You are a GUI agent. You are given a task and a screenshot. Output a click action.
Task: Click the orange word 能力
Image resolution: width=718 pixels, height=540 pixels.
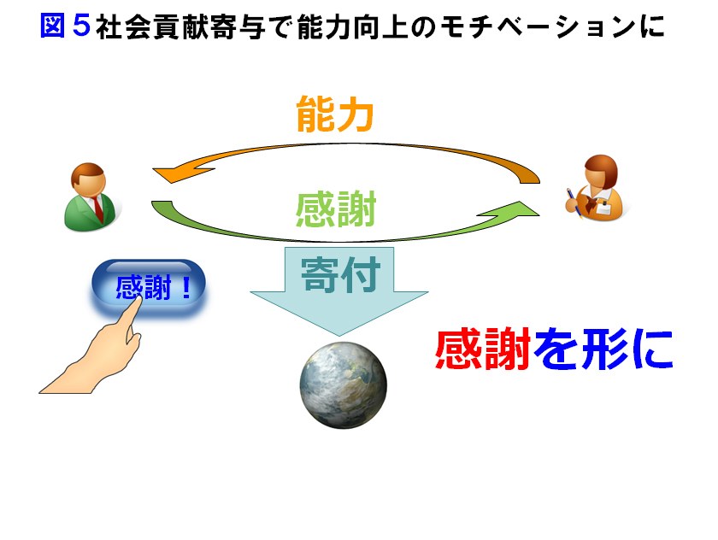[335, 114]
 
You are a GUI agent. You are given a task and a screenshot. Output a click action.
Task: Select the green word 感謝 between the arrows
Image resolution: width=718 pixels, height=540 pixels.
[336, 209]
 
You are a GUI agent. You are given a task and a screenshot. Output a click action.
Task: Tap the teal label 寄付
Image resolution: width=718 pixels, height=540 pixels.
[340, 274]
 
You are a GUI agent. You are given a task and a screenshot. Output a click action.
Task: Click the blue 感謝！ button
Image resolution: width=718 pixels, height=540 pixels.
[149, 287]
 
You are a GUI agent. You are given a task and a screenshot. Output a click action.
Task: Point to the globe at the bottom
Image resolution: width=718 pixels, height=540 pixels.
[343, 385]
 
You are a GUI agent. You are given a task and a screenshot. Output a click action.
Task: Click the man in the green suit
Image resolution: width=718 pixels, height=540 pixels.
[91, 197]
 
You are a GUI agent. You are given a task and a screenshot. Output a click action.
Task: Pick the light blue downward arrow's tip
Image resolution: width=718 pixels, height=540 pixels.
[339, 336]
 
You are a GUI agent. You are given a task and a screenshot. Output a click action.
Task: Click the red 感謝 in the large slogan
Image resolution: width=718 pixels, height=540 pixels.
[483, 349]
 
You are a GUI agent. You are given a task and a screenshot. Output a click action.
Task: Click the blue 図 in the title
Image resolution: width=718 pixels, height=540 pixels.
[53, 25]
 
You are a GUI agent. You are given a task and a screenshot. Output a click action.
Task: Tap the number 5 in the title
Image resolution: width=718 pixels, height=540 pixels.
[81, 25]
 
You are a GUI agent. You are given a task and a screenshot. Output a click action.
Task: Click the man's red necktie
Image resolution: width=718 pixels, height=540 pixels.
[97, 208]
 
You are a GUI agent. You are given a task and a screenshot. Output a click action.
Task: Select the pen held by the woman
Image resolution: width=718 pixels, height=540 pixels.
[574, 202]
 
